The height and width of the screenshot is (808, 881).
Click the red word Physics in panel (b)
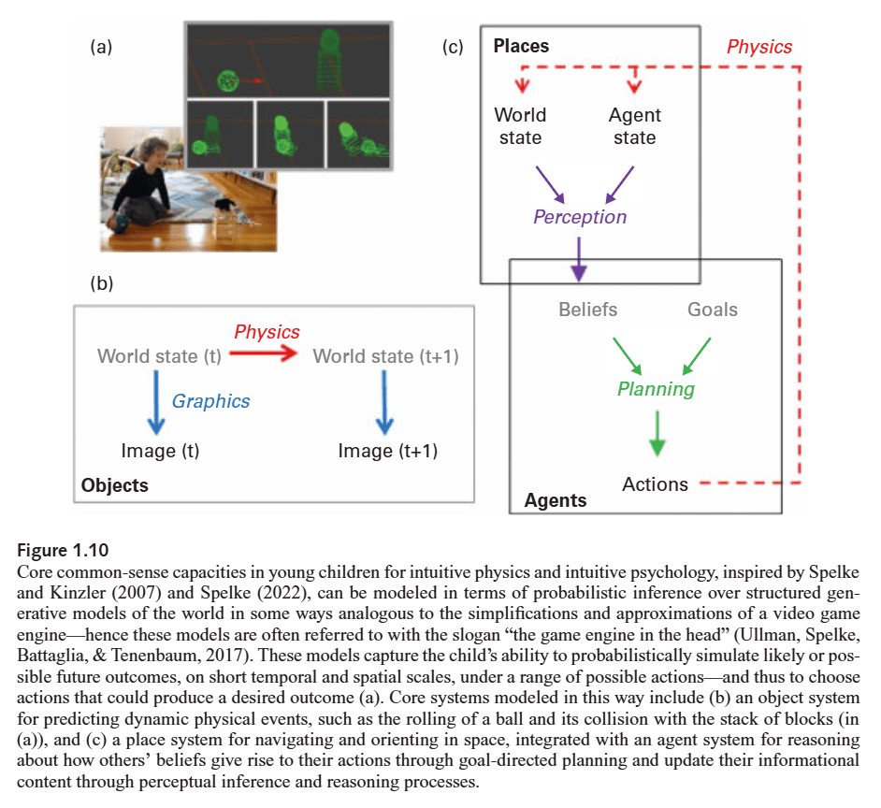267,332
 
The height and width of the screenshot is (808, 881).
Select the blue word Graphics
210,401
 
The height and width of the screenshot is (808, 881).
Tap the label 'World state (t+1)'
385,356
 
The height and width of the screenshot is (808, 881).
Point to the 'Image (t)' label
160,451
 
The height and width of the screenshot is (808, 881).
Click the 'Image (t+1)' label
387,451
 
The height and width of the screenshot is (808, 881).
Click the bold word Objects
114,485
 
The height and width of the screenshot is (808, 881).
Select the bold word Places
521,46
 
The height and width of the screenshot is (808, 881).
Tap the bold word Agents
556,500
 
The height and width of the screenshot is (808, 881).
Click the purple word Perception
580,217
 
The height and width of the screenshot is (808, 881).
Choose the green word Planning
656,388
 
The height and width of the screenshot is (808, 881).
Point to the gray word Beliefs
587,310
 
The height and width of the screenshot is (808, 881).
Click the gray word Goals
713,310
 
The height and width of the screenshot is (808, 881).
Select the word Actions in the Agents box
655,483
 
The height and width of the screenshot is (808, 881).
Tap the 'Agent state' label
634,126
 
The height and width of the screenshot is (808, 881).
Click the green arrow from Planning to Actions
658,435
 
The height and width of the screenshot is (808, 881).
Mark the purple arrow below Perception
579,257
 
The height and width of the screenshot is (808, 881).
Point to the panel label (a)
101,45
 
